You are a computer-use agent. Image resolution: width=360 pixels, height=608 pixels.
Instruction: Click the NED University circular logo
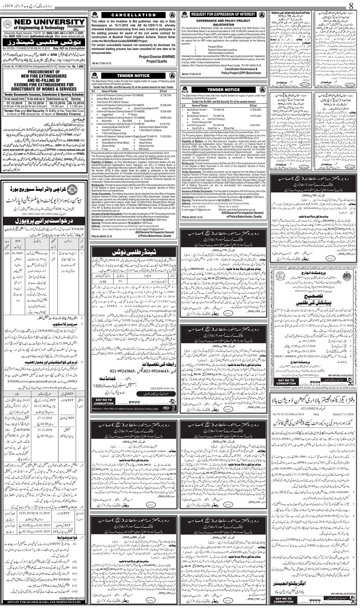pyautogui.click(x=8, y=24)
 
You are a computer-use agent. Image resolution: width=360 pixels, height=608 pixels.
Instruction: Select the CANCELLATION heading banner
pyautogui.click(x=134, y=15)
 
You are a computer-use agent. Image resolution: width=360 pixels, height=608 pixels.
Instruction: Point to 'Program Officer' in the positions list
pyautogui.click(x=215, y=46)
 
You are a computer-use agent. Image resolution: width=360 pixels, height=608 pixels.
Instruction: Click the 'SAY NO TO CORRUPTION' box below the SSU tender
pyautogui.click(x=104, y=401)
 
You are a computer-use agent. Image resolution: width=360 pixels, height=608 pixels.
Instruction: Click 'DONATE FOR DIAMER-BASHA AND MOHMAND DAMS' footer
pyautogui.click(x=44, y=602)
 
